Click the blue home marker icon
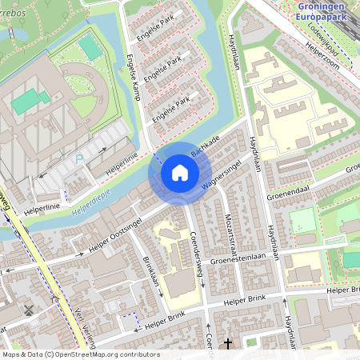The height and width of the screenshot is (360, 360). click(180, 173)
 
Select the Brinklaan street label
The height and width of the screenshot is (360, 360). click(151, 275)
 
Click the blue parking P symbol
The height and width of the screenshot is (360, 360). click(78, 160)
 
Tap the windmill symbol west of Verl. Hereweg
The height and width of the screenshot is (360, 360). click(30, 310)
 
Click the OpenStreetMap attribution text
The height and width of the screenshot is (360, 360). click(81, 354)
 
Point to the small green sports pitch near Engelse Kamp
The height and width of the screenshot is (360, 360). click(90, 48)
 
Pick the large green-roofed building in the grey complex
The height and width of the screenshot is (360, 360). click(30, 101)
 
